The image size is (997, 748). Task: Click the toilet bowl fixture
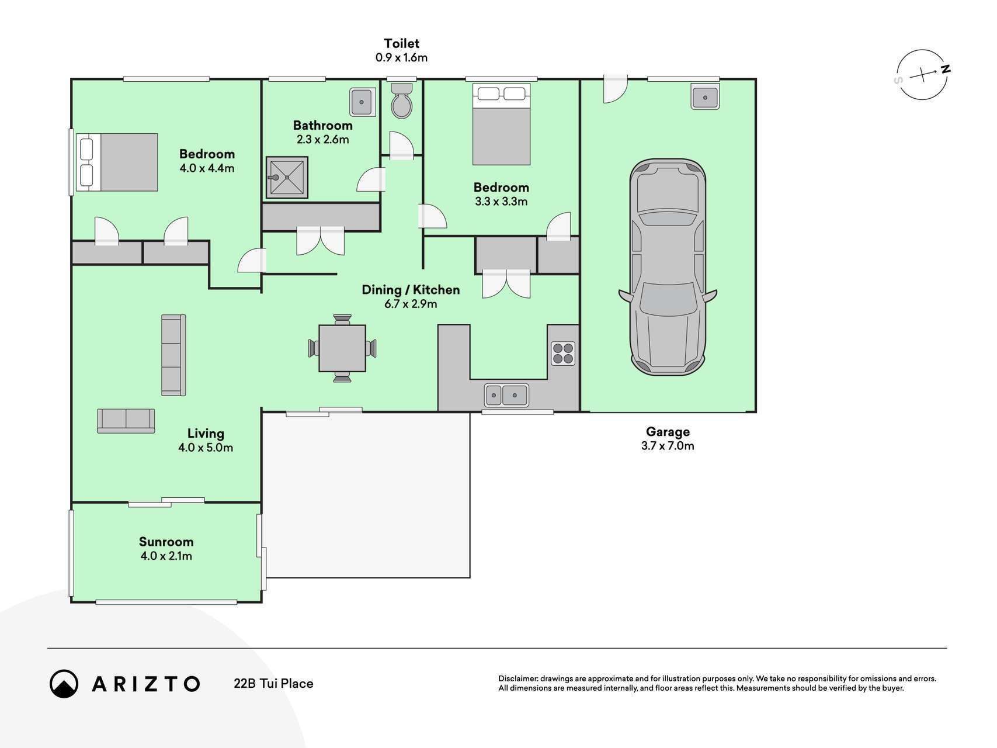[x=401, y=101]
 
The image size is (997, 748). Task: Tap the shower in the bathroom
[x=287, y=177]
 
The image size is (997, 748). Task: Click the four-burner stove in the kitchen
[x=563, y=353]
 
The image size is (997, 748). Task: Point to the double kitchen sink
[x=506, y=396]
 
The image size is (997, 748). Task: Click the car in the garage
[x=668, y=266]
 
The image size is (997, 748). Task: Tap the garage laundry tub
[x=705, y=96]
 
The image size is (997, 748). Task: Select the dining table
[x=342, y=348]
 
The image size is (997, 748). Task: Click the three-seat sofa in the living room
[x=173, y=355]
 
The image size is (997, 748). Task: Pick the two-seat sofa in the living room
[x=126, y=421]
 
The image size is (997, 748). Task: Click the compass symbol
[x=922, y=75]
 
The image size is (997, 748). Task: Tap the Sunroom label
[x=166, y=542]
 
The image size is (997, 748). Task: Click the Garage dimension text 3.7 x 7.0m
[x=668, y=446]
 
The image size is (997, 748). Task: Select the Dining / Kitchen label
[x=411, y=290]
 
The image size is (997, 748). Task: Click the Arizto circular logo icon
[x=64, y=684]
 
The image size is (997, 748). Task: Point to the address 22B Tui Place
[x=273, y=684]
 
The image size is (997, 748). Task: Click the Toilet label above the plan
[x=402, y=43]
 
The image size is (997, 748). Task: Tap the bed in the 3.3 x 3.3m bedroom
[x=501, y=124]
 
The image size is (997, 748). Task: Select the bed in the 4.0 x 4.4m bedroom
[x=118, y=162]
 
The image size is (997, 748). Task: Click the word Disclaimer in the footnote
[x=517, y=678]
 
